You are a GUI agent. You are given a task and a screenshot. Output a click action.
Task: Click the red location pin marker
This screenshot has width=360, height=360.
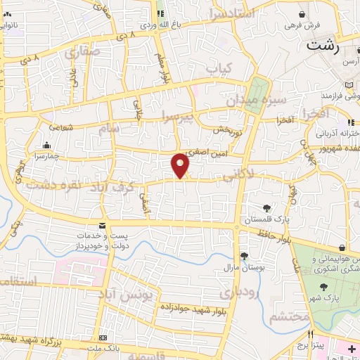[181, 165]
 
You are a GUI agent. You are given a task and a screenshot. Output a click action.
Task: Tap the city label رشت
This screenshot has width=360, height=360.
[323, 48]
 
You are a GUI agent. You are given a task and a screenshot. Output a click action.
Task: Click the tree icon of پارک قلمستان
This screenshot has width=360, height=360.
[266, 208]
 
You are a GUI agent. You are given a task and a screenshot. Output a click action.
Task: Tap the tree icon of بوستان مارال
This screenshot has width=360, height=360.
[244, 257]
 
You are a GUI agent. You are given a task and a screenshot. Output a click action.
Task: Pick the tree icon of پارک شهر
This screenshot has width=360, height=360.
[323, 287]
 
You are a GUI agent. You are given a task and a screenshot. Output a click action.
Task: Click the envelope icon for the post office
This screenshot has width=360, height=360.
[103, 226]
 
